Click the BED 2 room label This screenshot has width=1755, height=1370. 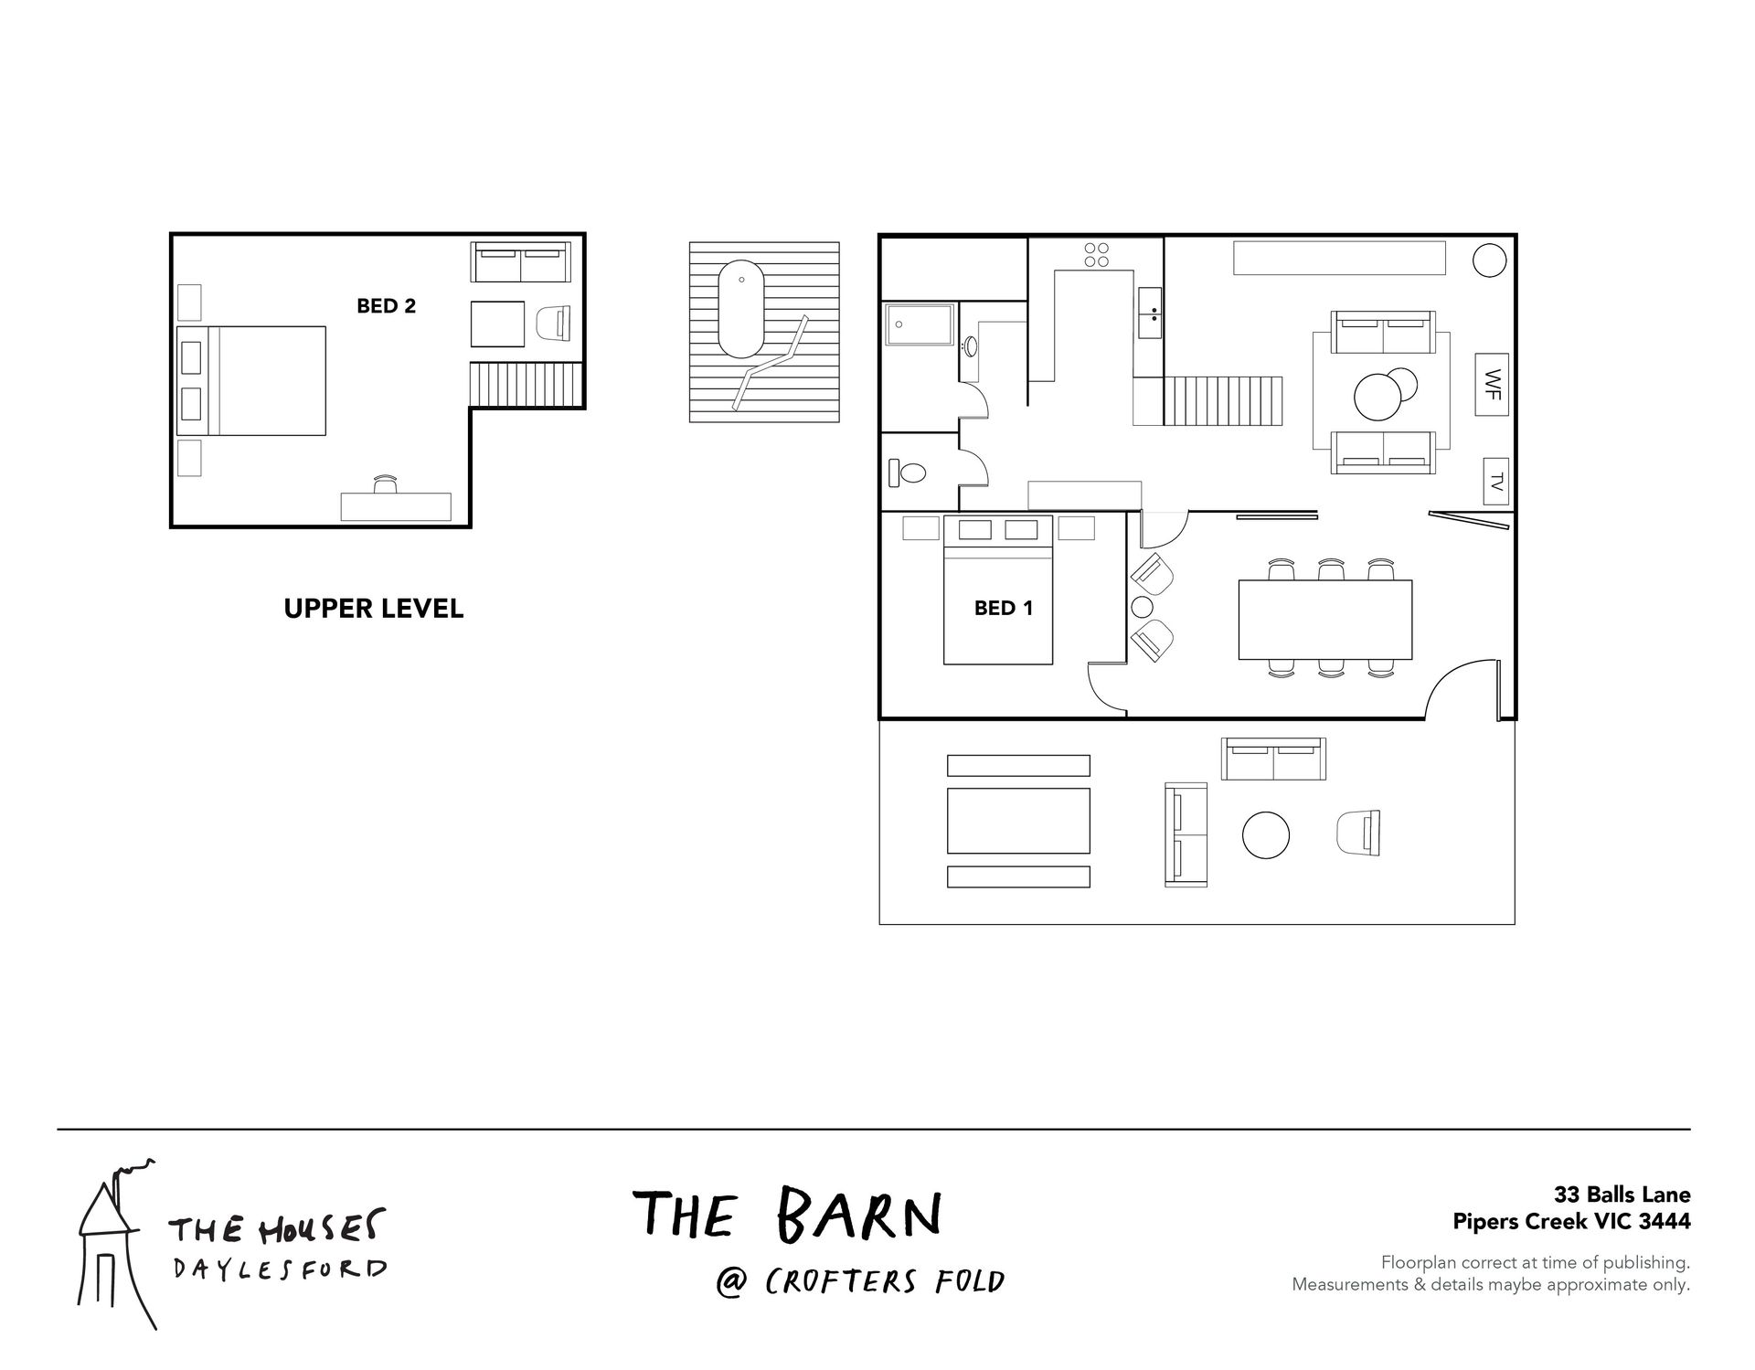pos(386,306)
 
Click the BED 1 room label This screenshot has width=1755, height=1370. pos(1003,608)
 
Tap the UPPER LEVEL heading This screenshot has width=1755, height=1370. pos(374,609)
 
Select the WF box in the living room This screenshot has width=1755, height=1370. pos(1492,384)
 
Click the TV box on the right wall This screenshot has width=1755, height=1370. pos(1495,481)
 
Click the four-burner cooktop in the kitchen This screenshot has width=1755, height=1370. pos(1097,255)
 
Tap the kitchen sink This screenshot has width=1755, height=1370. pos(1151,313)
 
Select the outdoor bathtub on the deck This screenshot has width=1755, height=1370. pos(741,309)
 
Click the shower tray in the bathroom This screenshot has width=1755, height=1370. pos(920,324)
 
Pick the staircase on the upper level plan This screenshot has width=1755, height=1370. pos(526,384)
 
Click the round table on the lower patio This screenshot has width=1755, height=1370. pos(1266,835)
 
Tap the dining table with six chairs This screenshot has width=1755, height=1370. pos(1324,620)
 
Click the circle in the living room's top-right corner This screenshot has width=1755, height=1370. pos(1489,260)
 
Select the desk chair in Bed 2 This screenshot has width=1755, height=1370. pos(386,484)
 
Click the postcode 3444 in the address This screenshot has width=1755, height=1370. pos(1667,1221)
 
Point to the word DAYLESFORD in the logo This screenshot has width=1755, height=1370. pos(280,1269)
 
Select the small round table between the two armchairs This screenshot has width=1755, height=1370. pos(1143,607)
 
